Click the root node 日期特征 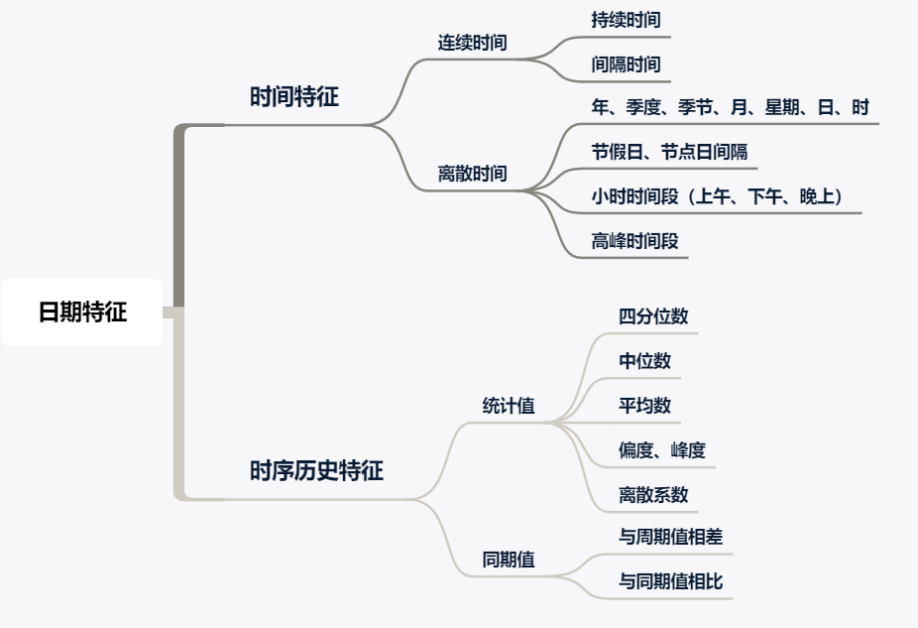pyautogui.click(x=82, y=313)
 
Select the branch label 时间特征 pyautogui.click(x=294, y=97)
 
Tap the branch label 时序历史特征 pyautogui.click(x=316, y=471)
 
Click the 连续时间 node pyautogui.click(x=473, y=44)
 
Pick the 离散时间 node pyautogui.click(x=473, y=174)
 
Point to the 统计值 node pyautogui.click(x=509, y=406)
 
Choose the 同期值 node pyautogui.click(x=509, y=560)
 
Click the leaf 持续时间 pyautogui.click(x=626, y=19)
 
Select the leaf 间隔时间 pyautogui.click(x=626, y=64)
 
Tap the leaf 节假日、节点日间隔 pyautogui.click(x=669, y=152)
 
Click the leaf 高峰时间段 pyautogui.click(x=634, y=240)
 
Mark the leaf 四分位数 pyautogui.click(x=653, y=316)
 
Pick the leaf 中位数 pyautogui.click(x=644, y=361)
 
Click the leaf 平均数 pyautogui.click(x=644, y=406)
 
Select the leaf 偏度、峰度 pyautogui.click(x=662, y=450)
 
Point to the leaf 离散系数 pyautogui.click(x=653, y=494)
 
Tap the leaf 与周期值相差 pyautogui.click(x=671, y=537)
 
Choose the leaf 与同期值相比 pyautogui.click(x=671, y=581)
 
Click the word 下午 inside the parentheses pyautogui.click(x=762, y=196)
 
